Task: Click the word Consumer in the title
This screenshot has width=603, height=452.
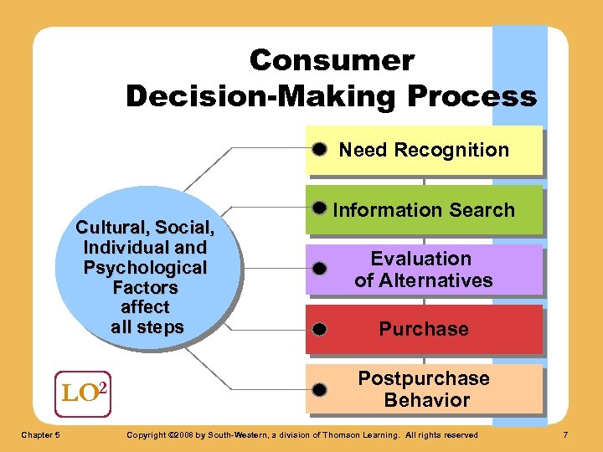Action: click(x=332, y=60)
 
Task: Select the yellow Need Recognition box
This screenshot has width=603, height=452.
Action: click(x=424, y=151)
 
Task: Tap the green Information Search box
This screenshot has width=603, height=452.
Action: click(x=424, y=210)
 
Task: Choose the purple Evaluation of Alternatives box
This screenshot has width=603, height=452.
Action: click(x=424, y=270)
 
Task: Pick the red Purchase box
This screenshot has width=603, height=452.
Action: click(x=424, y=329)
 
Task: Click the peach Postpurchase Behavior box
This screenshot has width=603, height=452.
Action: click(x=424, y=388)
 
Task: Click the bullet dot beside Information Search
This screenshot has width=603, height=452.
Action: click(x=319, y=207)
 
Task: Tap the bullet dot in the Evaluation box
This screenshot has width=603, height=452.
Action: click(x=319, y=270)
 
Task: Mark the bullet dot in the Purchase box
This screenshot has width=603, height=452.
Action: click(x=319, y=329)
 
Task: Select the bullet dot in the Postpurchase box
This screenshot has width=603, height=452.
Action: click(x=319, y=389)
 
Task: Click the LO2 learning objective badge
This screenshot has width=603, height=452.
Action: click(x=84, y=390)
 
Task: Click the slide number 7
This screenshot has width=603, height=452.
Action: click(x=565, y=434)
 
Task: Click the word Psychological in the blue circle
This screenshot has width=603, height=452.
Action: click(x=146, y=268)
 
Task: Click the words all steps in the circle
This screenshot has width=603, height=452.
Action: click(x=147, y=327)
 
